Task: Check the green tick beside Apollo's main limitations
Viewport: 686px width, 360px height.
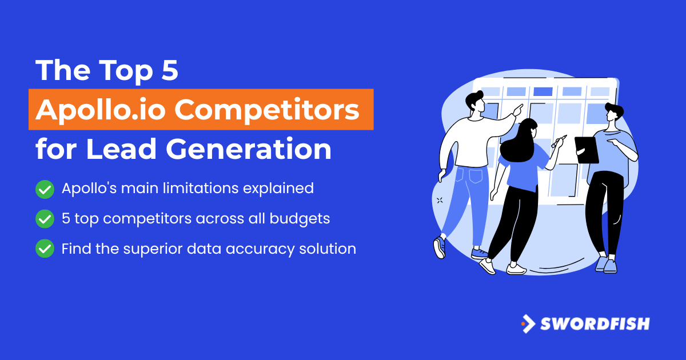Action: click(45, 189)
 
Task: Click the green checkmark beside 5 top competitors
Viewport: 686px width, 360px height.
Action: click(45, 218)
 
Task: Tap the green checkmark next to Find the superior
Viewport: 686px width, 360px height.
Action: click(45, 249)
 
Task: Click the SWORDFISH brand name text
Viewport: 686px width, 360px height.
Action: click(595, 324)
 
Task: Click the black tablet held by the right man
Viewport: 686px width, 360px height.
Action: click(586, 150)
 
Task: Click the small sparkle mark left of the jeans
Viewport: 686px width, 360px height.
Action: click(440, 200)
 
